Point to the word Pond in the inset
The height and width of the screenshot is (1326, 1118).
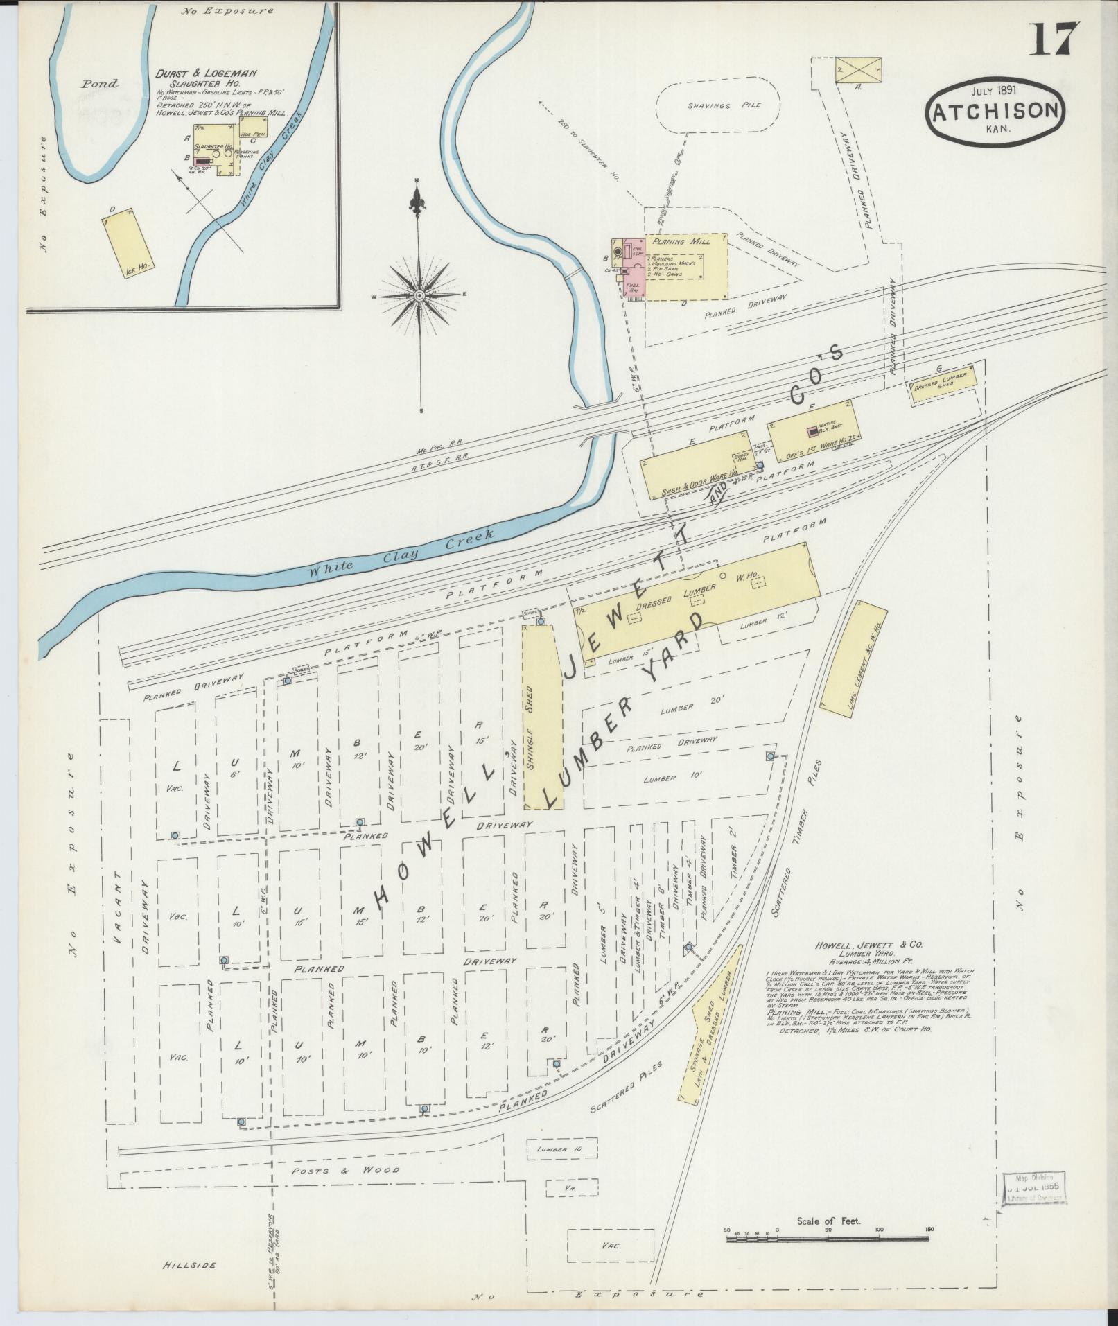100,84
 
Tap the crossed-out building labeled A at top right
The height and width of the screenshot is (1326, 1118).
859,71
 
